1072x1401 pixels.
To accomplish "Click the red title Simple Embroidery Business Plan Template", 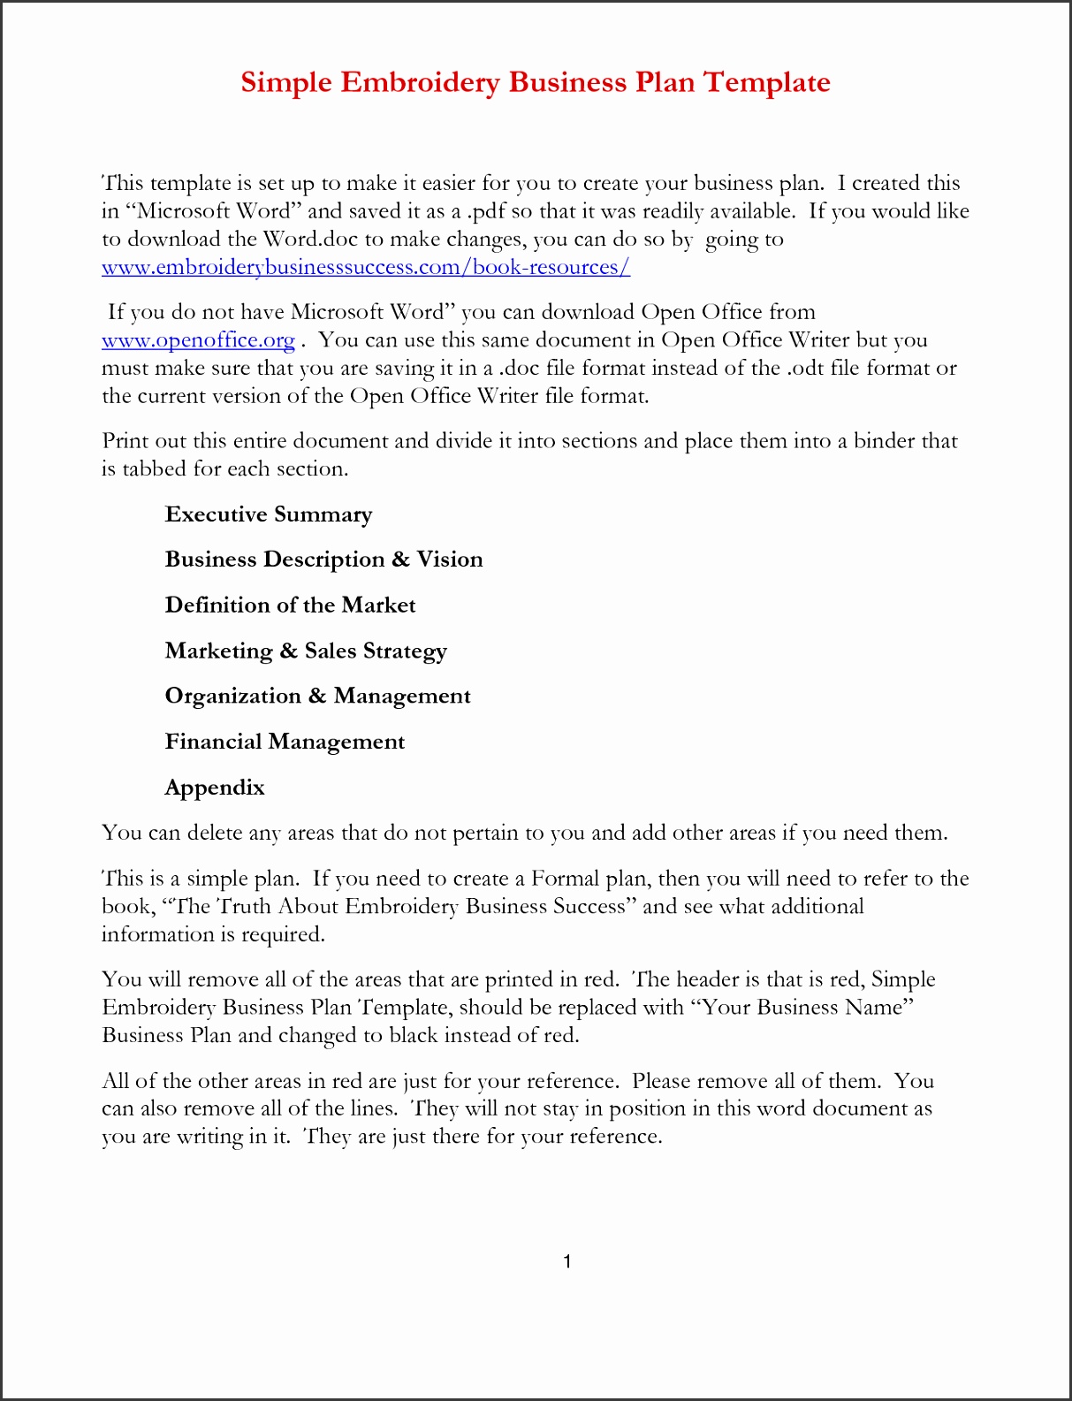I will pyautogui.click(x=536, y=82).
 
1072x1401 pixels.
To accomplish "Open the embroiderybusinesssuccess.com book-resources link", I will pyautogui.click(x=366, y=267).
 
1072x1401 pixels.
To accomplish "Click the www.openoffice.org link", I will pyautogui.click(x=198, y=340).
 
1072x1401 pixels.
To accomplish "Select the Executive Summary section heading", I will pyautogui.click(x=269, y=514).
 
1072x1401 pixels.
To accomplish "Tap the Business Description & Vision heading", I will pyautogui.click(x=323, y=560).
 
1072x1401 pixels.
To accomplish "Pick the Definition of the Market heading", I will pyautogui.click(x=290, y=605).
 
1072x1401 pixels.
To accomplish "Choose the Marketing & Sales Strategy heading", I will pyautogui.click(x=306, y=651).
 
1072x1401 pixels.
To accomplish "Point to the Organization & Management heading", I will pyautogui.click(x=317, y=697).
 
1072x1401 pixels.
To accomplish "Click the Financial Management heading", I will pyautogui.click(x=285, y=742).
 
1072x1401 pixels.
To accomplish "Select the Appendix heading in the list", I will pyautogui.click(x=215, y=788).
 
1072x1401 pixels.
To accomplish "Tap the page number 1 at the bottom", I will pyautogui.click(x=566, y=1261).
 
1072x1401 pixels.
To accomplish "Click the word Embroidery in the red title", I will pyautogui.click(x=421, y=82).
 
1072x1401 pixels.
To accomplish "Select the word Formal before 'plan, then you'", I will pyautogui.click(x=565, y=879).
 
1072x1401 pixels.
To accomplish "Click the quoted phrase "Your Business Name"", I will pyautogui.click(x=807, y=1008).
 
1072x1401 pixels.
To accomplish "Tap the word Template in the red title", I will pyautogui.click(x=766, y=82).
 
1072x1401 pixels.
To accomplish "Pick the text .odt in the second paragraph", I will pyautogui.click(x=805, y=369).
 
